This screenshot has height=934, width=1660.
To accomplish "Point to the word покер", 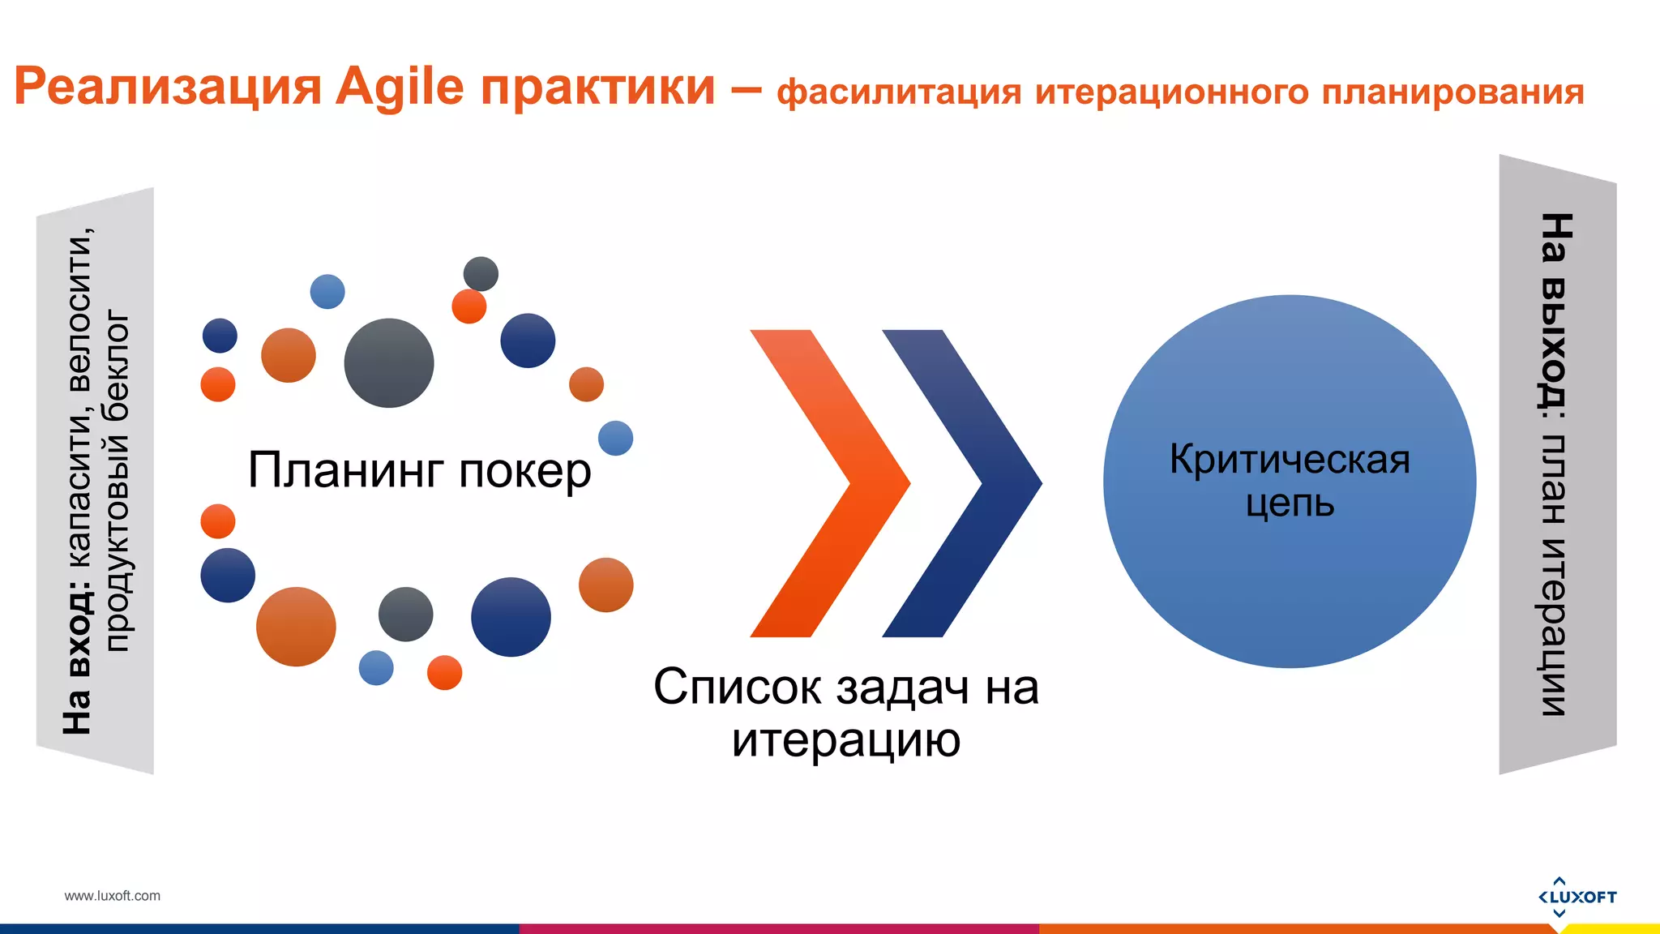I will (524, 470).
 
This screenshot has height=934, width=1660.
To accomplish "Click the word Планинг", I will (346, 470).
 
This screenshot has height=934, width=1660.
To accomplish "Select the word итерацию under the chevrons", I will (845, 739).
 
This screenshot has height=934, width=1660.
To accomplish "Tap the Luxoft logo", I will (1577, 896).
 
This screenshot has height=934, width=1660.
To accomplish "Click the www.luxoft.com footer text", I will (112, 896).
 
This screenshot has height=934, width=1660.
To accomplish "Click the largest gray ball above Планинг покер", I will (389, 362).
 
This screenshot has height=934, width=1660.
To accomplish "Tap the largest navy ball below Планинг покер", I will (511, 617).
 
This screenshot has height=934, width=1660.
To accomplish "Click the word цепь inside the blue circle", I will (1289, 504).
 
